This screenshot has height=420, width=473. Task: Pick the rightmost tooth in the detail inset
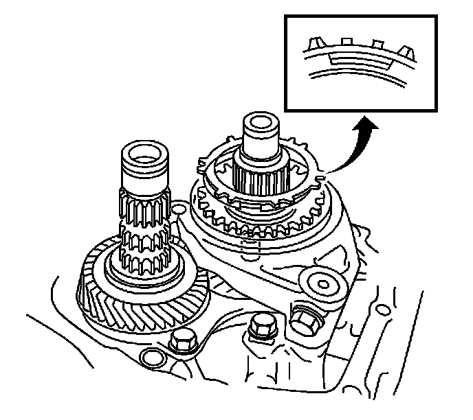click(x=406, y=51)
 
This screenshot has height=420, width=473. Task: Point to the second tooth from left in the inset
click(x=347, y=43)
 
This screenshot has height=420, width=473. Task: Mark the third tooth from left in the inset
click(x=376, y=45)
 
